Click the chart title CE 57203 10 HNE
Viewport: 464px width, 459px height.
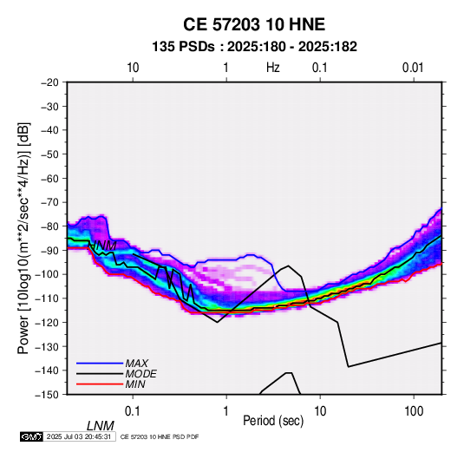point(254,24)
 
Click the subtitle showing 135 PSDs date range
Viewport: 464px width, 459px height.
point(254,47)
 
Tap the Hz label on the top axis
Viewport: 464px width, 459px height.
point(273,68)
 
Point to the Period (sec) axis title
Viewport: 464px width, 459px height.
point(273,421)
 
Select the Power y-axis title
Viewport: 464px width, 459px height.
point(23,238)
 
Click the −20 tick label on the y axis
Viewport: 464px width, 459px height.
point(49,82)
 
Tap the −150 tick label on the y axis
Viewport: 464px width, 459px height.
point(47,395)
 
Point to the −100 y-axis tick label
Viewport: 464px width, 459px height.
point(47,274)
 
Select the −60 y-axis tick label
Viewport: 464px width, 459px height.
point(49,178)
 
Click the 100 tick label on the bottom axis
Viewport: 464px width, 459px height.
point(414,411)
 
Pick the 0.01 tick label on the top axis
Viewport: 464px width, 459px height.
point(413,68)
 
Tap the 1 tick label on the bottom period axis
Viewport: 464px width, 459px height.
point(226,411)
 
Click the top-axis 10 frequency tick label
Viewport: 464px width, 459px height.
point(133,68)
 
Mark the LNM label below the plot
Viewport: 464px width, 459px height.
point(101,426)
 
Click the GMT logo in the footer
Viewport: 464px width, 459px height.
point(32,436)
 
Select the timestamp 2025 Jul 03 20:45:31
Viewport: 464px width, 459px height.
point(79,436)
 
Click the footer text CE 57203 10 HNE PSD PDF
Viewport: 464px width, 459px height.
point(160,436)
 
